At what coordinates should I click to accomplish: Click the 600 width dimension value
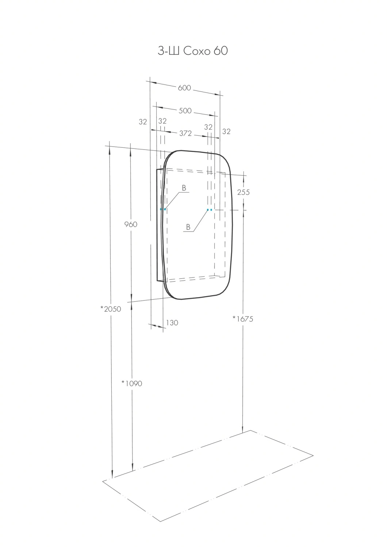(184, 88)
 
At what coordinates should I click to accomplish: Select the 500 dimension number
(185, 110)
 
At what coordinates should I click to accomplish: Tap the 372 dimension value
(185, 133)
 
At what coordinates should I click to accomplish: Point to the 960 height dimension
(131, 224)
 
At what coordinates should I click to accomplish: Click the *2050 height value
(111, 309)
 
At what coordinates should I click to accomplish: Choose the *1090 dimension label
(132, 383)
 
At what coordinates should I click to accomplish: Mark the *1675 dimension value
(243, 319)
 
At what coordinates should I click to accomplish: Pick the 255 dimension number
(244, 193)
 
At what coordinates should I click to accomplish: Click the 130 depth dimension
(172, 323)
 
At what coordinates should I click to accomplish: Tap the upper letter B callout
(184, 188)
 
